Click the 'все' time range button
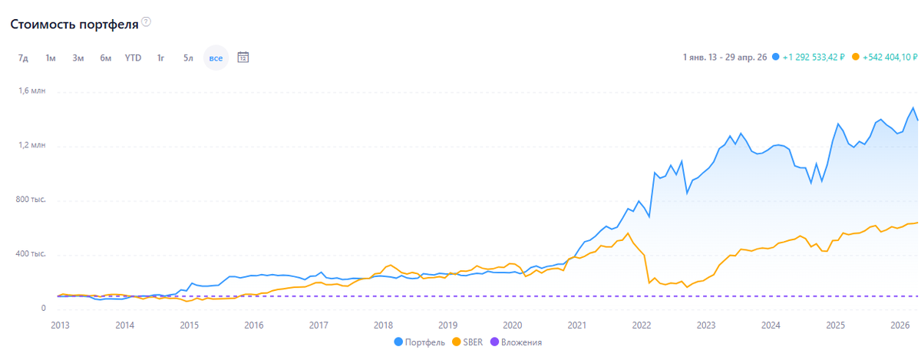tap(216, 58)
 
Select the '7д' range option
tap(23, 58)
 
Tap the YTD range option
tap(133, 58)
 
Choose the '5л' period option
tap(188, 58)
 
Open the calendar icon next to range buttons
tap(243, 58)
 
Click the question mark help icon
tap(146, 21)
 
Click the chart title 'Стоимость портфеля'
tap(74, 25)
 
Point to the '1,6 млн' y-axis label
tap(31, 91)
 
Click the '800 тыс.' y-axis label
tap(31, 200)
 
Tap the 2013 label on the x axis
tap(60, 325)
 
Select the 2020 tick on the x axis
tap(513, 325)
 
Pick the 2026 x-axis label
tap(900, 325)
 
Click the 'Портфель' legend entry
tap(419, 342)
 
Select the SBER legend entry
tap(467, 342)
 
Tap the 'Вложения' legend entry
tap(516, 342)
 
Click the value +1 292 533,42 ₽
tap(814, 58)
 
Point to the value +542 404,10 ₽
tap(890, 58)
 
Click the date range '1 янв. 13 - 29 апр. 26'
tap(725, 58)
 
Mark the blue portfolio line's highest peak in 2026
tap(913, 107)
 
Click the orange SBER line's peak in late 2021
tap(628, 233)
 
